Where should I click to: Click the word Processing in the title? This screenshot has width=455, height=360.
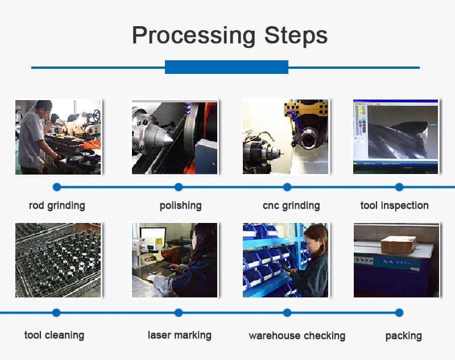pos(193,36)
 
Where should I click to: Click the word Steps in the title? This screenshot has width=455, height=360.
pos(296,35)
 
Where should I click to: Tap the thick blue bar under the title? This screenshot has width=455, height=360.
pos(226,67)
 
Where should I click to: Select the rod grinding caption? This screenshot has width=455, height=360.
pos(57,206)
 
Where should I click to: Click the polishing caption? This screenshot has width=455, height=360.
pos(180,206)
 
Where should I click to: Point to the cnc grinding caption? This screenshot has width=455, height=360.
pos(291,206)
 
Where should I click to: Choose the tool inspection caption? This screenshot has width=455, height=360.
pos(394,205)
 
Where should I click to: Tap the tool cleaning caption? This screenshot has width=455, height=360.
pos(54,335)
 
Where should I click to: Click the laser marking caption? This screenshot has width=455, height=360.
pos(179,335)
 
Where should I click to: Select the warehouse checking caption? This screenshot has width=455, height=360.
pos(297,336)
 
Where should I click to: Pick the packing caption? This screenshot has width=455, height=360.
pos(403,336)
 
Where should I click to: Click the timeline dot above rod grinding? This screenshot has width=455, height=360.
pos(57,187)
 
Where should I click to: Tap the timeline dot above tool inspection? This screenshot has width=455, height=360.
pos(399,187)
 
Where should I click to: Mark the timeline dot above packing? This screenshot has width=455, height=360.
pos(399,313)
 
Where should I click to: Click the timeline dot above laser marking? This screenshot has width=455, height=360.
pos(179,313)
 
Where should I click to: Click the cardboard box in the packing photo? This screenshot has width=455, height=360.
pos(399,245)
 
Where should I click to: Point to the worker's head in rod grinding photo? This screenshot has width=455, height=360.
pos(44,108)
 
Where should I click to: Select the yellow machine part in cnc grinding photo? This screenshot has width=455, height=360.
pos(306,109)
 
